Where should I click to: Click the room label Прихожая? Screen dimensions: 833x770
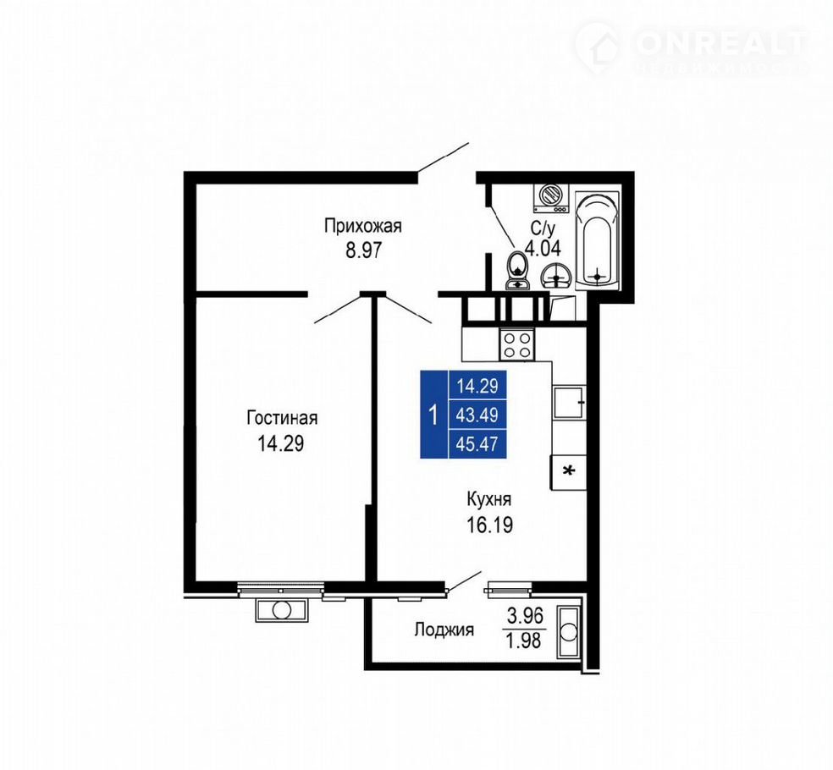(363, 226)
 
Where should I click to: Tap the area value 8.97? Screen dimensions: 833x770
(363, 250)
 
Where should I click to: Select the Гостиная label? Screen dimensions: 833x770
(282, 418)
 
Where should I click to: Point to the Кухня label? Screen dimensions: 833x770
(488, 500)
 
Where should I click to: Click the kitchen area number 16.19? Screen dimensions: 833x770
(489, 525)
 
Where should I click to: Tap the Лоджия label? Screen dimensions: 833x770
(444, 630)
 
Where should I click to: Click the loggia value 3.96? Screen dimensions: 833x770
(525, 616)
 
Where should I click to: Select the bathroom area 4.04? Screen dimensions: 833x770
(543, 248)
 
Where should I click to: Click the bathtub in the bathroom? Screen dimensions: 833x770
(598, 241)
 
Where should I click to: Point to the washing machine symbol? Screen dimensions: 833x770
(550, 197)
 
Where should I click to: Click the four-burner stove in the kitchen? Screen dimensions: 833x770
(517, 345)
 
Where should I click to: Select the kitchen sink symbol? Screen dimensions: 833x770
(568, 403)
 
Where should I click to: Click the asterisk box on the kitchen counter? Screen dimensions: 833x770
(568, 471)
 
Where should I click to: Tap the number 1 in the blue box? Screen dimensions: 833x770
(434, 415)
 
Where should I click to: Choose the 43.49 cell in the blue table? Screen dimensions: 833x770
(477, 415)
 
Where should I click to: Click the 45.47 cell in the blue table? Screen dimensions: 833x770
(477, 443)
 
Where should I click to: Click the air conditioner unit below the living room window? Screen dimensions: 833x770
(282, 609)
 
